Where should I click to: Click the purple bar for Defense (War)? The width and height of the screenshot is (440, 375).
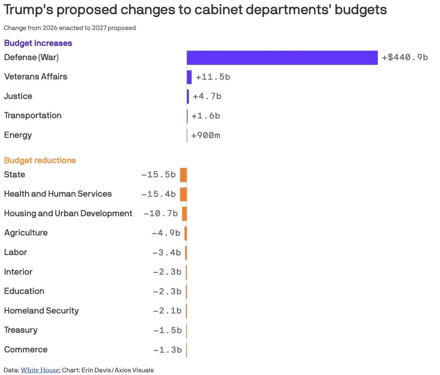coord(282,58)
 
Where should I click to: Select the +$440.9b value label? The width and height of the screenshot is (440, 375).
coord(405,58)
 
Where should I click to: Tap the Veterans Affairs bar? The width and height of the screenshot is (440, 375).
coord(189,77)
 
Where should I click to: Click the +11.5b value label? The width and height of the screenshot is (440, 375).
coord(213,77)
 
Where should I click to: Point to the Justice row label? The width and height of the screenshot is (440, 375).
coord(18,96)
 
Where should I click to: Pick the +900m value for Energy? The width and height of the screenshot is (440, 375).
coord(206,135)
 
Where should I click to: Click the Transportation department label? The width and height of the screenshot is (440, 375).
coord(33,115)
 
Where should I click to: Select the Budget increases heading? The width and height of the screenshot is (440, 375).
coord(38,43)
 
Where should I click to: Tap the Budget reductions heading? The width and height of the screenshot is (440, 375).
coord(40,160)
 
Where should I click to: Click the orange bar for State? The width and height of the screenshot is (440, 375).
coord(183,175)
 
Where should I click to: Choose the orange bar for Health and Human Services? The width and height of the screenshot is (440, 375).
coord(183,194)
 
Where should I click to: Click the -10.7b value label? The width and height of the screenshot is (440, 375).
coord(161,213)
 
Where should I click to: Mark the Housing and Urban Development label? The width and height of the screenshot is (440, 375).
coord(68,213)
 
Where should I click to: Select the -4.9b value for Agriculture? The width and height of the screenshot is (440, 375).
coord(166,233)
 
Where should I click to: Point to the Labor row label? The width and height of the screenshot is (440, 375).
coord(15,252)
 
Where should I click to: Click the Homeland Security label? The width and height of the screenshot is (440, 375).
coord(41,311)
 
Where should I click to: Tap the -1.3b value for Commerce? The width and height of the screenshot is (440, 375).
coord(167,350)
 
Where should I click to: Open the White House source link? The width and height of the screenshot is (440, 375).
coord(40,370)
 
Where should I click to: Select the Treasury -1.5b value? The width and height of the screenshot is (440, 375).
coord(167,330)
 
